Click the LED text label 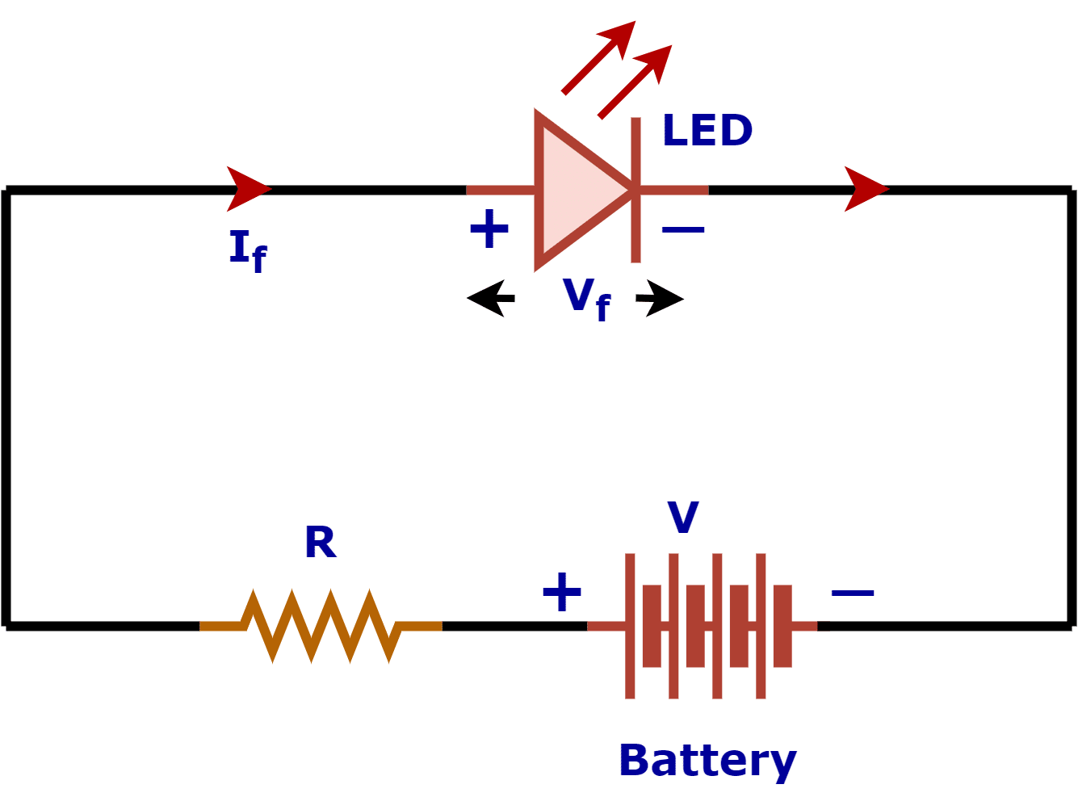click(x=707, y=130)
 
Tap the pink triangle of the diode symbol click(x=577, y=191)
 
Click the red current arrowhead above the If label click(x=247, y=189)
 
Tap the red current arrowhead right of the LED click(x=865, y=189)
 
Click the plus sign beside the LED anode click(x=489, y=229)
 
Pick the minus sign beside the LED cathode click(x=683, y=230)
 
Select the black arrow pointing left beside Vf click(x=491, y=299)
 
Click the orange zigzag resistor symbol click(x=321, y=626)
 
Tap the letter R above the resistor click(x=321, y=543)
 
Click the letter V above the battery click(x=683, y=518)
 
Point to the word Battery click(x=707, y=761)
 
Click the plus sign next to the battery click(x=562, y=593)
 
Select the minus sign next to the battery click(x=853, y=594)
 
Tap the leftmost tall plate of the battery click(x=630, y=626)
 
